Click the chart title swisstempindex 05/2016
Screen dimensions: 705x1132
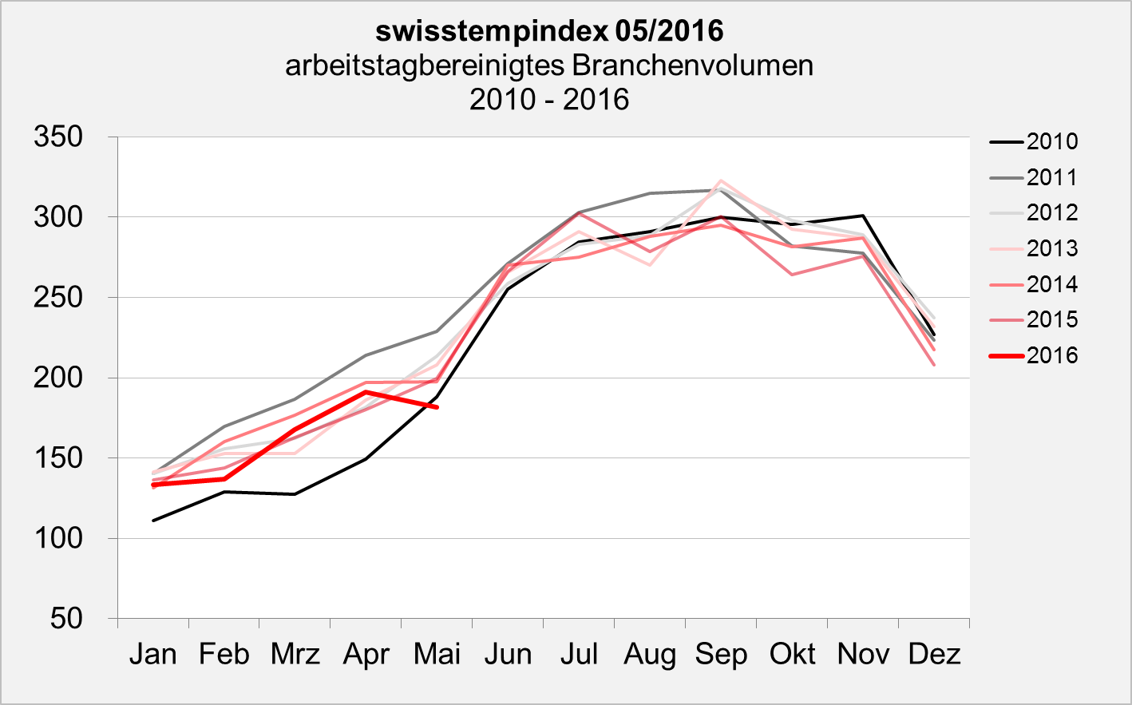point(549,31)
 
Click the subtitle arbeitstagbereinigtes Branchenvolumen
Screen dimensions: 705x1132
point(549,65)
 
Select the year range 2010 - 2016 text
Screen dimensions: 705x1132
point(549,99)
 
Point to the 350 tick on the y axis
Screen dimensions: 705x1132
point(58,137)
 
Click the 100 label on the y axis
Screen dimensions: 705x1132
point(58,538)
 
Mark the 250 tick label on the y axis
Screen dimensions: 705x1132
point(58,297)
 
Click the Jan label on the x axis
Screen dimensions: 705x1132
point(152,654)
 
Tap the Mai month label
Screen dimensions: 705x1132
point(437,654)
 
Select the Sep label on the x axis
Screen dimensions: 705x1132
point(721,654)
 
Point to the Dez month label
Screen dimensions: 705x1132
point(934,654)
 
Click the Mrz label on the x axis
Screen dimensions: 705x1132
point(295,654)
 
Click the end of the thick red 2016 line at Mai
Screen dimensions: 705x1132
point(437,407)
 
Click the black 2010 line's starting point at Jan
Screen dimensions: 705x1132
point(153,521)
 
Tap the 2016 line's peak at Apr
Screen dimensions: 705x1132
point(366,392)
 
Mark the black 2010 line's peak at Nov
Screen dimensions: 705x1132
point(863,216)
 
